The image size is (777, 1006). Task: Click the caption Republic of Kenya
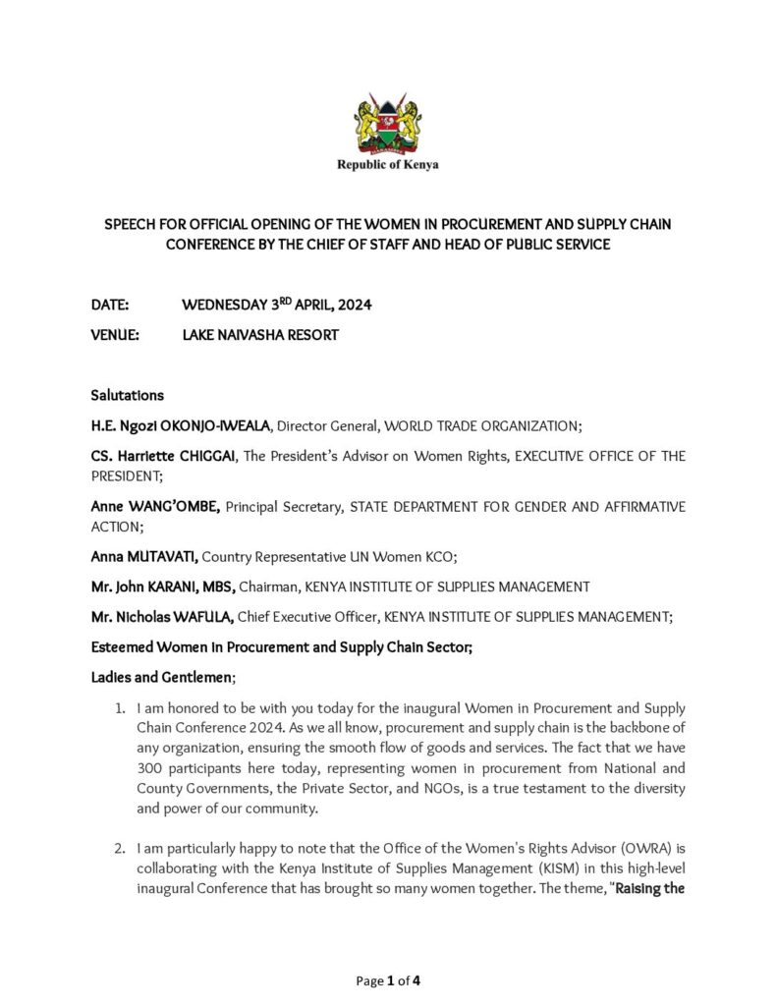click(388, 165)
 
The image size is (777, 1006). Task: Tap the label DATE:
click(110, 306)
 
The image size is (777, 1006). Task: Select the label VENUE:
click(115, 335)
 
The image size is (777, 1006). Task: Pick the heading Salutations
click(127, 396)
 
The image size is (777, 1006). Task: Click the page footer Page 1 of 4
click(388, 980)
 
